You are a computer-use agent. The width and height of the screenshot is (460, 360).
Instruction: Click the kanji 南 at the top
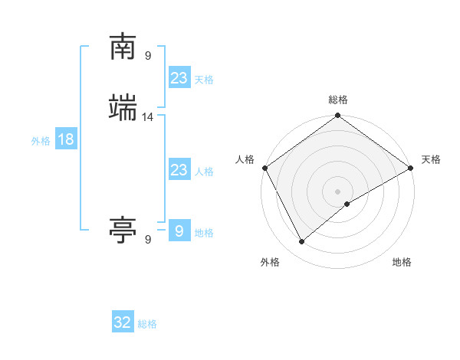[123, 47]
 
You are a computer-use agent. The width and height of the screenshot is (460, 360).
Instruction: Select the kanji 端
[123, 107]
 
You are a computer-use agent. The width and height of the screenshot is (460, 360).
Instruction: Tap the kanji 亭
[123, 229]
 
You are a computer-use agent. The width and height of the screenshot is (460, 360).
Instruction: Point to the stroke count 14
[149, 116]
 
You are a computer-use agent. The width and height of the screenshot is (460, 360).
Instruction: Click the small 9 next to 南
[148, 55]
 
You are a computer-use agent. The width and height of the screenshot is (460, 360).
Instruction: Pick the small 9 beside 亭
[148, 239]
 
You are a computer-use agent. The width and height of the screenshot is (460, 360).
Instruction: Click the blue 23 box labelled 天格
[179, 78]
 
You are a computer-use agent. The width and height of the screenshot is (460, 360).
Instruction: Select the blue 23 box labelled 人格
[179, 170]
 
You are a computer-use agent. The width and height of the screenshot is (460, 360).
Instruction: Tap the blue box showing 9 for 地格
[179, 231]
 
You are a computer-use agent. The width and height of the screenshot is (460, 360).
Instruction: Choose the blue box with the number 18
[66, 139]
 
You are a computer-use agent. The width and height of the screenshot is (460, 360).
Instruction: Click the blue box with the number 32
[123, 322]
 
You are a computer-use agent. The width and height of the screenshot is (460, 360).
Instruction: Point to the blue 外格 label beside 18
[41, 141]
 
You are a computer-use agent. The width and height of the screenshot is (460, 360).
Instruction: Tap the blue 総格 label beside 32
[147, 324]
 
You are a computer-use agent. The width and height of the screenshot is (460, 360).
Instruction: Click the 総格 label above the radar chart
[338, 100]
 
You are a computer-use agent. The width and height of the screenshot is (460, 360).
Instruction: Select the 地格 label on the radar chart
[402, 262]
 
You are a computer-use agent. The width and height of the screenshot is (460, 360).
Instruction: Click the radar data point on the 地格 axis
[347, 204]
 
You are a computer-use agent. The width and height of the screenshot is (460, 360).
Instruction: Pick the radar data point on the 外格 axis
[302, 242]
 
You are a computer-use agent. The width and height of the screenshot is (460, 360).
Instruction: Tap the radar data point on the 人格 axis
[264, 168]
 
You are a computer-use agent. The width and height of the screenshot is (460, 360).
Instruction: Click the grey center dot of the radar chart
[338, 191]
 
